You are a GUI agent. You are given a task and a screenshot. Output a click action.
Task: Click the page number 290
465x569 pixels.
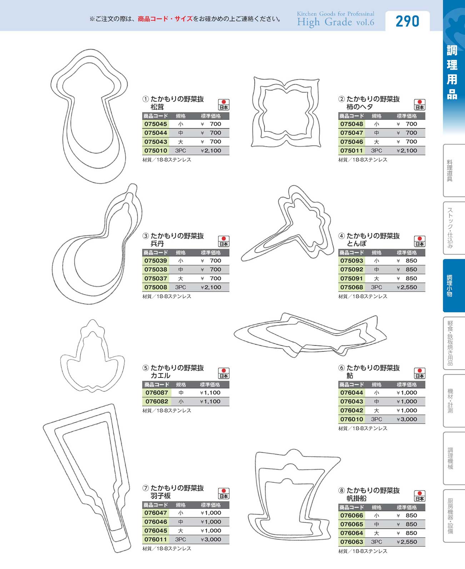pos(407,21)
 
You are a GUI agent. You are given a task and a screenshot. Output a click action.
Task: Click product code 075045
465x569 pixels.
pos(156,124)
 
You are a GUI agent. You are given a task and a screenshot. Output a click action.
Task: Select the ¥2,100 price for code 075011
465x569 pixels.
pos(407,151)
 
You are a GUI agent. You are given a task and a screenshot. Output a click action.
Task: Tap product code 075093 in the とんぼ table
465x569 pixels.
pos(351,261)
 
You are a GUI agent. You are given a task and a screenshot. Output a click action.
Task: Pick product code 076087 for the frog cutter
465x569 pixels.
pos(156,393)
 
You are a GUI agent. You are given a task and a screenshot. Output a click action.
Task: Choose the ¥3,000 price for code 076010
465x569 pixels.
pos(407,419)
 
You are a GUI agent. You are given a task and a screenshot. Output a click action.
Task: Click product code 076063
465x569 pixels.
pos(351,542)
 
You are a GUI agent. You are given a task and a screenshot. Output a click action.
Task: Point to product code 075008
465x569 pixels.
pos(156,287)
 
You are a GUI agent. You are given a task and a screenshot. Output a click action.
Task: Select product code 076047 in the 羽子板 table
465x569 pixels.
pos(156,513)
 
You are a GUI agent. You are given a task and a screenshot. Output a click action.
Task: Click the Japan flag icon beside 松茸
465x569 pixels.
pos(224,105)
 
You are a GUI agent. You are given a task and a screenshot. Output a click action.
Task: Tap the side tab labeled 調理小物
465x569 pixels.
pos(454,285)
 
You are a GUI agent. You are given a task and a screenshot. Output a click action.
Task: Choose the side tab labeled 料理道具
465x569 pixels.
pos(454,170)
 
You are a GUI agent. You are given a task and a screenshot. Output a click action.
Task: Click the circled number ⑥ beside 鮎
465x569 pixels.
pos(341,368)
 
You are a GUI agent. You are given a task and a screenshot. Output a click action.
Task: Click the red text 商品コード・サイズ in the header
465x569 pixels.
pos(165,19)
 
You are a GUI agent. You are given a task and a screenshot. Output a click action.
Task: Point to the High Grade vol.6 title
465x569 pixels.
pos(336,22)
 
